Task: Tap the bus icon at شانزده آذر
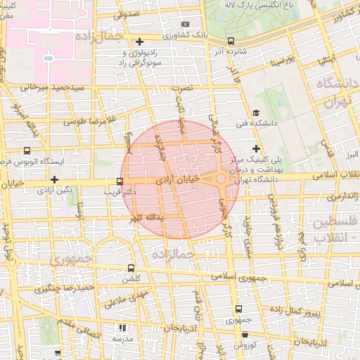click(x=231, y=41)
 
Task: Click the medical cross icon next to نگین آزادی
click(x=54, y=179)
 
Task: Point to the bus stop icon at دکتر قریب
click(x=120, y=181)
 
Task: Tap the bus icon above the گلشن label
click(x=131, y=268)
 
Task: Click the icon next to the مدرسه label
click(x=122, y=328)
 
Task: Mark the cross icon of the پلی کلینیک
click(x=256, y=148)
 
